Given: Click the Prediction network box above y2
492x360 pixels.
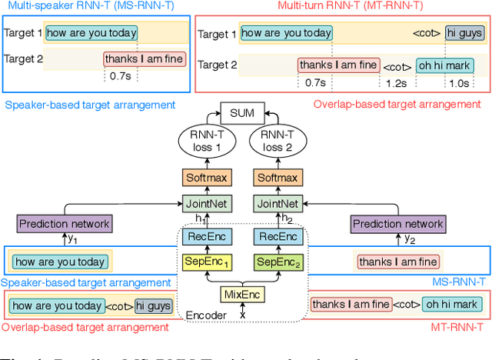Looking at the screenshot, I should (x=397, y=224).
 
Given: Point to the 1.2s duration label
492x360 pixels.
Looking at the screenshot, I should (x=396, y=82).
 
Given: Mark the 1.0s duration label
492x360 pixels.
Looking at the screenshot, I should (x=458, y=82).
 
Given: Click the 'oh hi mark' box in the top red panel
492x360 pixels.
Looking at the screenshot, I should (x=447, y=65).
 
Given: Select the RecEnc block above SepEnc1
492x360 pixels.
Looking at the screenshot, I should (x=206, y=236).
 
